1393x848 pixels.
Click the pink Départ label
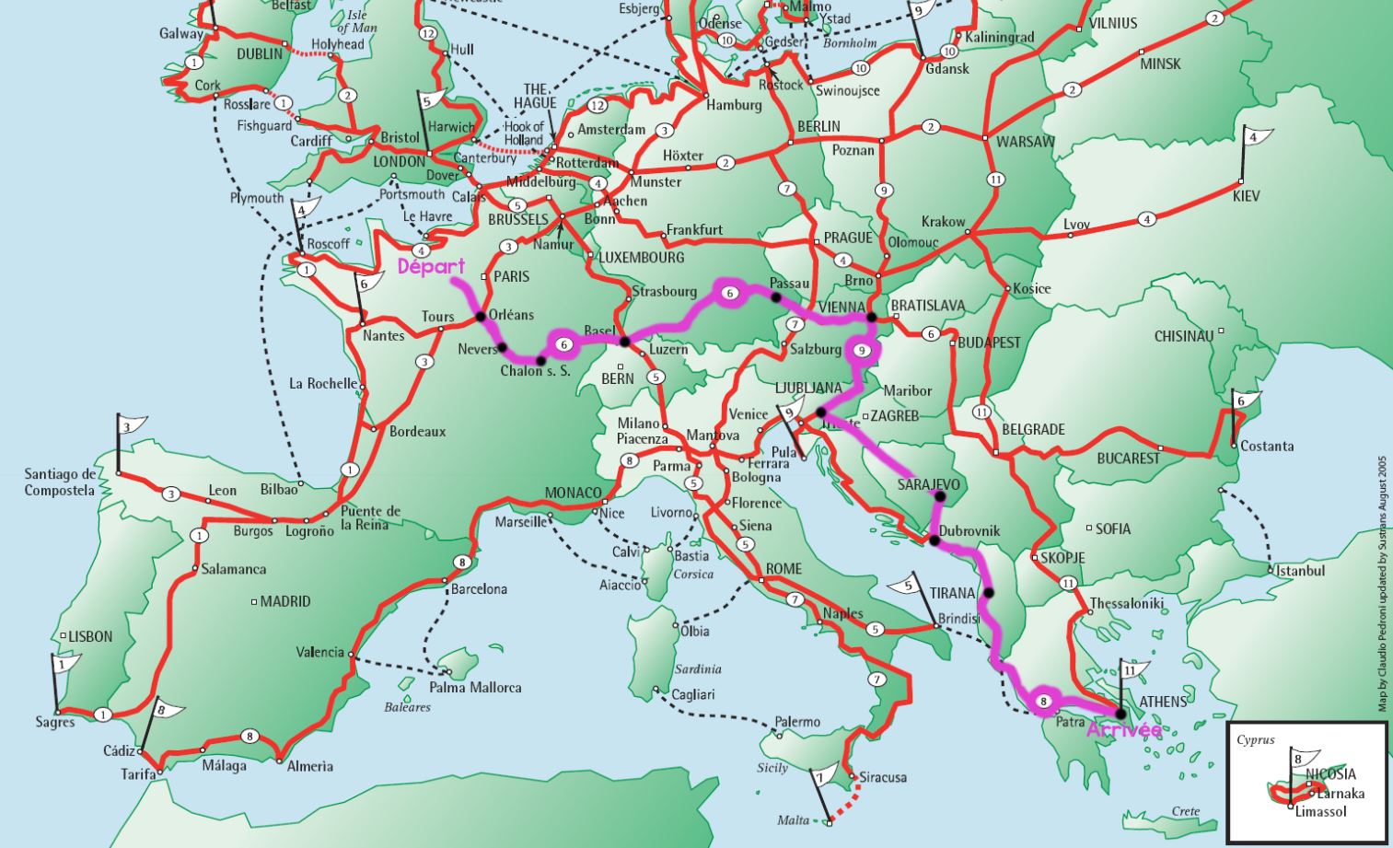(x=431, y=266)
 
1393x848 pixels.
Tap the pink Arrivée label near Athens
(x=1124, y=730)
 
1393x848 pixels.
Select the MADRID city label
(x=284, y=601)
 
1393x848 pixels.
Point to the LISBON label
(x=90, y=636)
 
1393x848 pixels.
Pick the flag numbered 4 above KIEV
(x=1256, y=138)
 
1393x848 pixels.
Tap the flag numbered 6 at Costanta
(x=1245, y=401)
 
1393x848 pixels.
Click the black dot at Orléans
(x=480, y=317)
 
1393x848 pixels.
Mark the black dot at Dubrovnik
(x=934, y=540)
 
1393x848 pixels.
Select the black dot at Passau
(x=776, y=297)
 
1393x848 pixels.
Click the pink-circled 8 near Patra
(x=1043, y=701)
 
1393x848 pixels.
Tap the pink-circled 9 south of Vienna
(x=862, y=350)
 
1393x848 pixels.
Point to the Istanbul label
(x=1300, y=571)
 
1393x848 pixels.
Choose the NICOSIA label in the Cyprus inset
(x=1330, y=774)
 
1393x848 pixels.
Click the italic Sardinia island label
(x=697, y=669)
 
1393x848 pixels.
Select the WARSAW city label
(x=1025, y=142)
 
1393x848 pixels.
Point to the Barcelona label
(x=479, y=589)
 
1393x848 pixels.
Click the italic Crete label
(x=1186, y=811)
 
